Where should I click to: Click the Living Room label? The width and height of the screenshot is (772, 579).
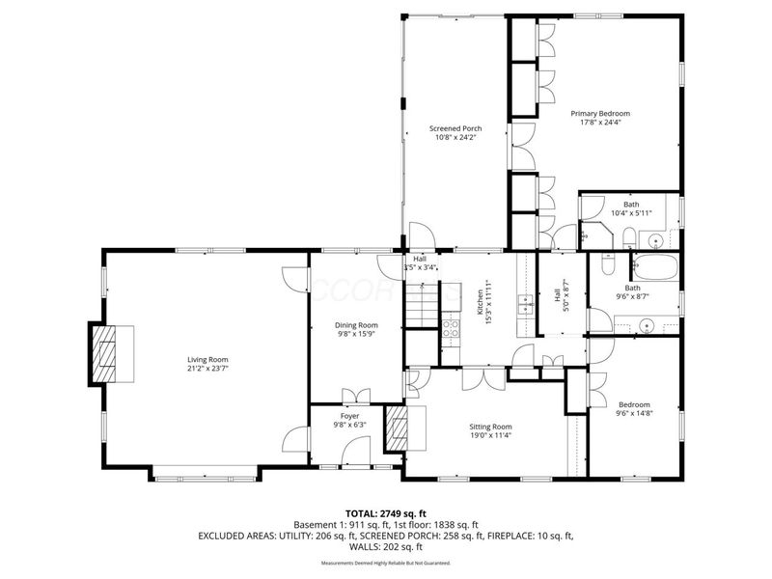click(213, 359)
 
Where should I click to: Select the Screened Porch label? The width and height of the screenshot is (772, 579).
click(455, 128)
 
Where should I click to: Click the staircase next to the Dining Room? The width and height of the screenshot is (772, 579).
click(421, 310)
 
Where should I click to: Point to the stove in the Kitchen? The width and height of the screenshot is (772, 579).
click(451, 331)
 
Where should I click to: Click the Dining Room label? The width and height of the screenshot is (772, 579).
click(356, 325)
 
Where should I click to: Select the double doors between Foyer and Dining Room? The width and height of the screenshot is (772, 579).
click(356, 395)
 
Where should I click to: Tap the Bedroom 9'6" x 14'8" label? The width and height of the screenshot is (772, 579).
click(634, 404)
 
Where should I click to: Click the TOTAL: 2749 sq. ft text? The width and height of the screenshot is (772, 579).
click(385, 513)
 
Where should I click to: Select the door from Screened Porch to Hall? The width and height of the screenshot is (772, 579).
click(421, 235)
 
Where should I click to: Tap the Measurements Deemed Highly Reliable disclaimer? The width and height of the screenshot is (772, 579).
click(385, 563)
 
